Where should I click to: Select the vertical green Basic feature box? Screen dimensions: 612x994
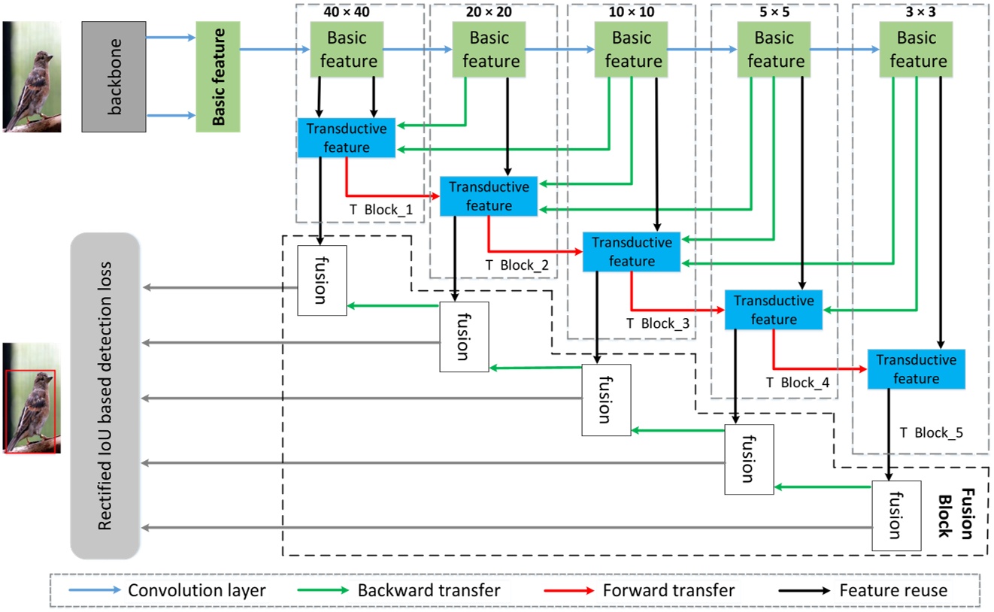(216, 76)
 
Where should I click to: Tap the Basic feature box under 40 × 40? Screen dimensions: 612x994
(347, 49)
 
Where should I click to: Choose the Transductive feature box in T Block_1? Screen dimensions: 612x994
(347, 138)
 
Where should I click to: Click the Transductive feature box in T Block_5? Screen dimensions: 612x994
(916, 369)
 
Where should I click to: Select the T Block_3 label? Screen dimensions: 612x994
(657, 323)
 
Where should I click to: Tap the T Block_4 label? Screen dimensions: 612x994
(798, 382)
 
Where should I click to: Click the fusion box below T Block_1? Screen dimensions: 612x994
(322, 280)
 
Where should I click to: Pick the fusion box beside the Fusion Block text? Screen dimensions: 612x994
(896, 515)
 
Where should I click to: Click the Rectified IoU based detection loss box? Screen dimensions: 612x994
(105, 396)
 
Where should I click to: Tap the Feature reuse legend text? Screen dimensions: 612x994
(894, 591)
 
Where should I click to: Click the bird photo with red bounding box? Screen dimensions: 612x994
(31, 398)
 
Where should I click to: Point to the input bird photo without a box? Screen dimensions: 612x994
(31, 76)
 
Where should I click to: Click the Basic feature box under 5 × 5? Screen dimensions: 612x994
(774, 49)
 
